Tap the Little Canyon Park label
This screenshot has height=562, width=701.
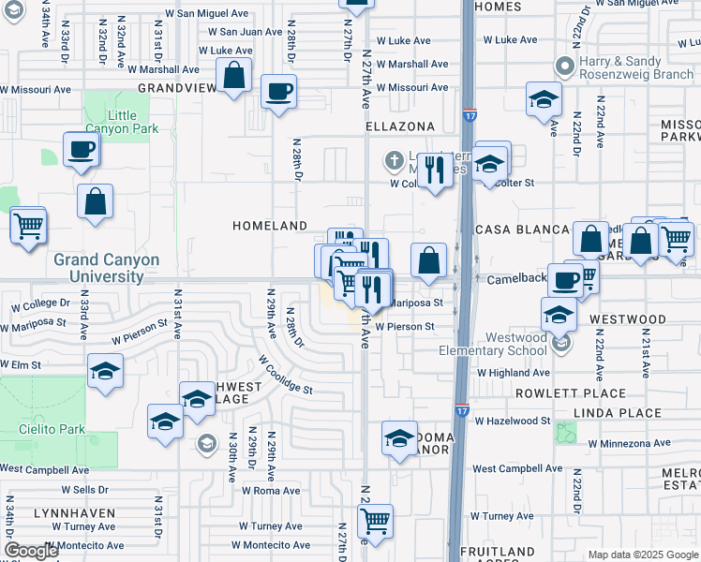(121, 122)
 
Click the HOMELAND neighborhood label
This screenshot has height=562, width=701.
(270, 227)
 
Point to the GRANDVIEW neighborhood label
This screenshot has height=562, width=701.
(172, 87)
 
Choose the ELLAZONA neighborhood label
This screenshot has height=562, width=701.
(400, 126)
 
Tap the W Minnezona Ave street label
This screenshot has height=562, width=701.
(629, 443)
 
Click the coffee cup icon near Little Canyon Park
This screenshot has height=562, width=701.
(82, 148)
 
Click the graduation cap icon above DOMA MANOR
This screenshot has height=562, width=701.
(399, 437)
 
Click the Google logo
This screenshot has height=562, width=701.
(31, 551)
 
